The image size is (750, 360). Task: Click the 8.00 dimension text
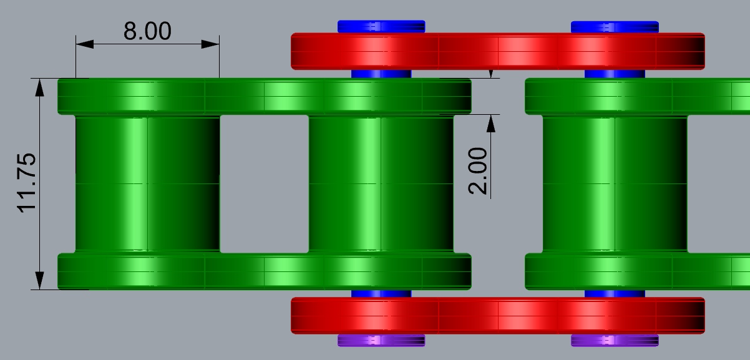147,31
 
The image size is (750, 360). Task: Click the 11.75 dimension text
29,183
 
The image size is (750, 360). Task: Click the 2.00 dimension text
479,171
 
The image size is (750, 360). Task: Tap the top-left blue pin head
381,26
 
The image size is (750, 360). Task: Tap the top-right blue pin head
615,26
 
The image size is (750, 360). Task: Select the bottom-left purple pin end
381,340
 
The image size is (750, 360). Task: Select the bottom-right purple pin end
615,340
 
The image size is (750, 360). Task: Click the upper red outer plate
498,51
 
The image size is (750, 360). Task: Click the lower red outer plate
498,315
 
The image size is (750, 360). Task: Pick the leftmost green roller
147,184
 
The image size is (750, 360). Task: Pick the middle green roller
381,184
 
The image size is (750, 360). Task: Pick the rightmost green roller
615,184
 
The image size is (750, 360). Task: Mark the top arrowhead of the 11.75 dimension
40,87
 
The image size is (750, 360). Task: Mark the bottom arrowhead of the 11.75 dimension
40,281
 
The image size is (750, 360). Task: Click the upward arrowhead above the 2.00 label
491,123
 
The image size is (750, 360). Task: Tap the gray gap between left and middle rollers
264,184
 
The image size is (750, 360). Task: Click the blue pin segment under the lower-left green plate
381,293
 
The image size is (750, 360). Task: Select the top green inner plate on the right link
636,96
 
